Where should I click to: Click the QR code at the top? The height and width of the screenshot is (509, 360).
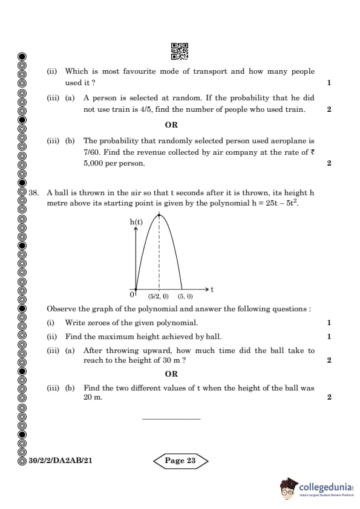point(180,51)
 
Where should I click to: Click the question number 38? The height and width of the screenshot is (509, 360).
point(33,192)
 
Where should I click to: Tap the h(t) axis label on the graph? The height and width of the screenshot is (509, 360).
point(136,222)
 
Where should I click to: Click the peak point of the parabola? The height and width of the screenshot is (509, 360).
point(159,214)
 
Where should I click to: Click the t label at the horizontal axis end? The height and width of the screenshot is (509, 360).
point(212,290)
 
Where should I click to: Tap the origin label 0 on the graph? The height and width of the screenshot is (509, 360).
point(132,294)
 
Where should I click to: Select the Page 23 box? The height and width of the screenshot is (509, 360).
point(181,461)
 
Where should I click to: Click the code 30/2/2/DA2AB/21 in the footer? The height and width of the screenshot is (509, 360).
point(61,461)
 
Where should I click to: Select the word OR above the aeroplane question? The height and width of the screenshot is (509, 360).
point(171,125)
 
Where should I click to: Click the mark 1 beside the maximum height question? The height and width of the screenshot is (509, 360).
point(329,337)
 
